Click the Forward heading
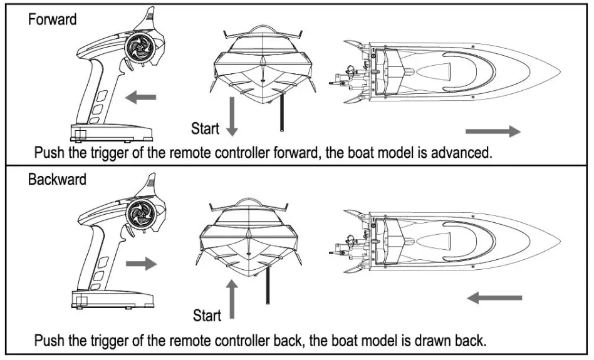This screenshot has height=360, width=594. [52, 19]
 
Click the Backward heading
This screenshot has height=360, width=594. [57, 180]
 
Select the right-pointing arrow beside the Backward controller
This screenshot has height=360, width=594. [141, 264]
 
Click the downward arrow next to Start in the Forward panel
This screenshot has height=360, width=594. [232, 115]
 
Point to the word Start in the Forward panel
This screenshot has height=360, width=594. [205, 129]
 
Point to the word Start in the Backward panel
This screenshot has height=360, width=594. [207, 315]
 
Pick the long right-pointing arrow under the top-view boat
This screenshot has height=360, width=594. [493, 131]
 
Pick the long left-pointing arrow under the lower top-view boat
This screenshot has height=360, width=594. [495, 297]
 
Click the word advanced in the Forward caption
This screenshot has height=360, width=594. [459, 153]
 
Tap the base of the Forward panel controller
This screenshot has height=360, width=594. [110, 133]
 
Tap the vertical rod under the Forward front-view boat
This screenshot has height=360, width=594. [281, 113]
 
